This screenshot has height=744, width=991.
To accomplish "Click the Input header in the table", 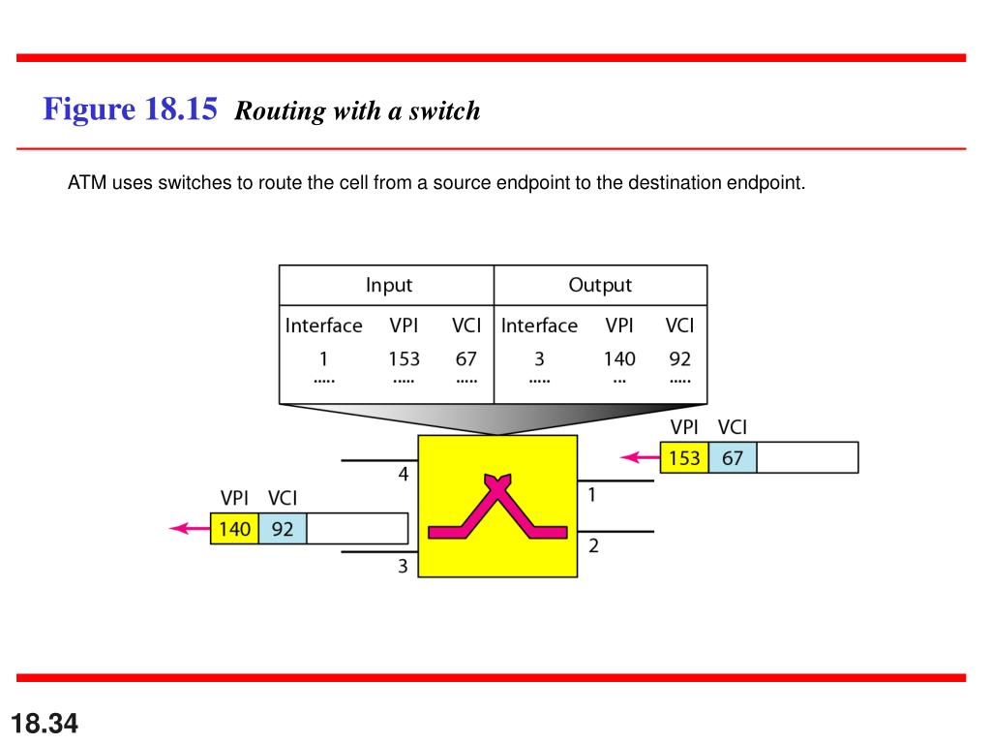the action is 388,285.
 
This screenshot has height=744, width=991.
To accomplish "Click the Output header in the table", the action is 600,285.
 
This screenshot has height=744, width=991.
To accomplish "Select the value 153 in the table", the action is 404,358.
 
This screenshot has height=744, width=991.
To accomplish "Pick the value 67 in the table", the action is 466,358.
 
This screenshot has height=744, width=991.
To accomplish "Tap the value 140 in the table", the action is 619,358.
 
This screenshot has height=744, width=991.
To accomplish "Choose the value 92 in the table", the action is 680,358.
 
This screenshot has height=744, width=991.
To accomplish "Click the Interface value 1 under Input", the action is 323,358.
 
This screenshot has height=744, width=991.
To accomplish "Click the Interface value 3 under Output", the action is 539,358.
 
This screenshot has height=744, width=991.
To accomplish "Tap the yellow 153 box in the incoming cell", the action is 684,457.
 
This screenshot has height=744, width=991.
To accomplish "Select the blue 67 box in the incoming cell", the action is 733,457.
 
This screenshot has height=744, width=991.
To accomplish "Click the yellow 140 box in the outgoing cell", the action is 234,529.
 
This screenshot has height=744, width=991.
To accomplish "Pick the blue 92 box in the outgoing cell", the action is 283,529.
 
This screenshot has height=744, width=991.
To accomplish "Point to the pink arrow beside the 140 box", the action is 189,528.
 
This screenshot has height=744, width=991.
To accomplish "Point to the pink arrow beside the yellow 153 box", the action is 639,456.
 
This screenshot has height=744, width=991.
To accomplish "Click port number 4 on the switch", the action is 404,475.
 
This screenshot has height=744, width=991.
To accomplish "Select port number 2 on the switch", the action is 593,546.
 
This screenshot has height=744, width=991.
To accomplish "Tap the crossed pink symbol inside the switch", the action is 497,509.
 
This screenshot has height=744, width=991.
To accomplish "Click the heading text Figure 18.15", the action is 130,108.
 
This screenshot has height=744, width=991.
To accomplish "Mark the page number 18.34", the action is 45,723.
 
